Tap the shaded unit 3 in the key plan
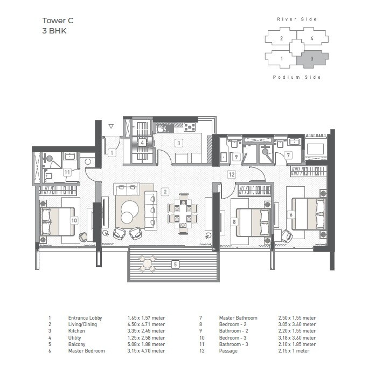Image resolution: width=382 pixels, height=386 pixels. pos(311,58)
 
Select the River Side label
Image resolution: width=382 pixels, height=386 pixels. pos(297,19)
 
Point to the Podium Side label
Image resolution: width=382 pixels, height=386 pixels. pos(297,77)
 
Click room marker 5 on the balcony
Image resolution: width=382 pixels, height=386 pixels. pos(174,265)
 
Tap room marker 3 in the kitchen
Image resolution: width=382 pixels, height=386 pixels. pos(178,143)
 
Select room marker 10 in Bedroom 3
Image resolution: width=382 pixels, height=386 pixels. pos(74,220)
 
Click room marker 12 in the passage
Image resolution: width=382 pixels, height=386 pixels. pos(231,174)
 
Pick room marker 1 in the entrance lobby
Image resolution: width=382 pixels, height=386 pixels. pos(112,153)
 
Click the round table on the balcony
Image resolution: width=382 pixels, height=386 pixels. pos(147,264)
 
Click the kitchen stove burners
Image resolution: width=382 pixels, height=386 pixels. pos(190,127)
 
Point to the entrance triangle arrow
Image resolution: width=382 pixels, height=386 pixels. pos(110,126)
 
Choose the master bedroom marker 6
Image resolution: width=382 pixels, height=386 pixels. pos(291,214)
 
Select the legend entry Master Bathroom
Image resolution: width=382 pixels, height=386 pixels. pos(238,318)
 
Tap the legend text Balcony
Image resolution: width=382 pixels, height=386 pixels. pos(77,344)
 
